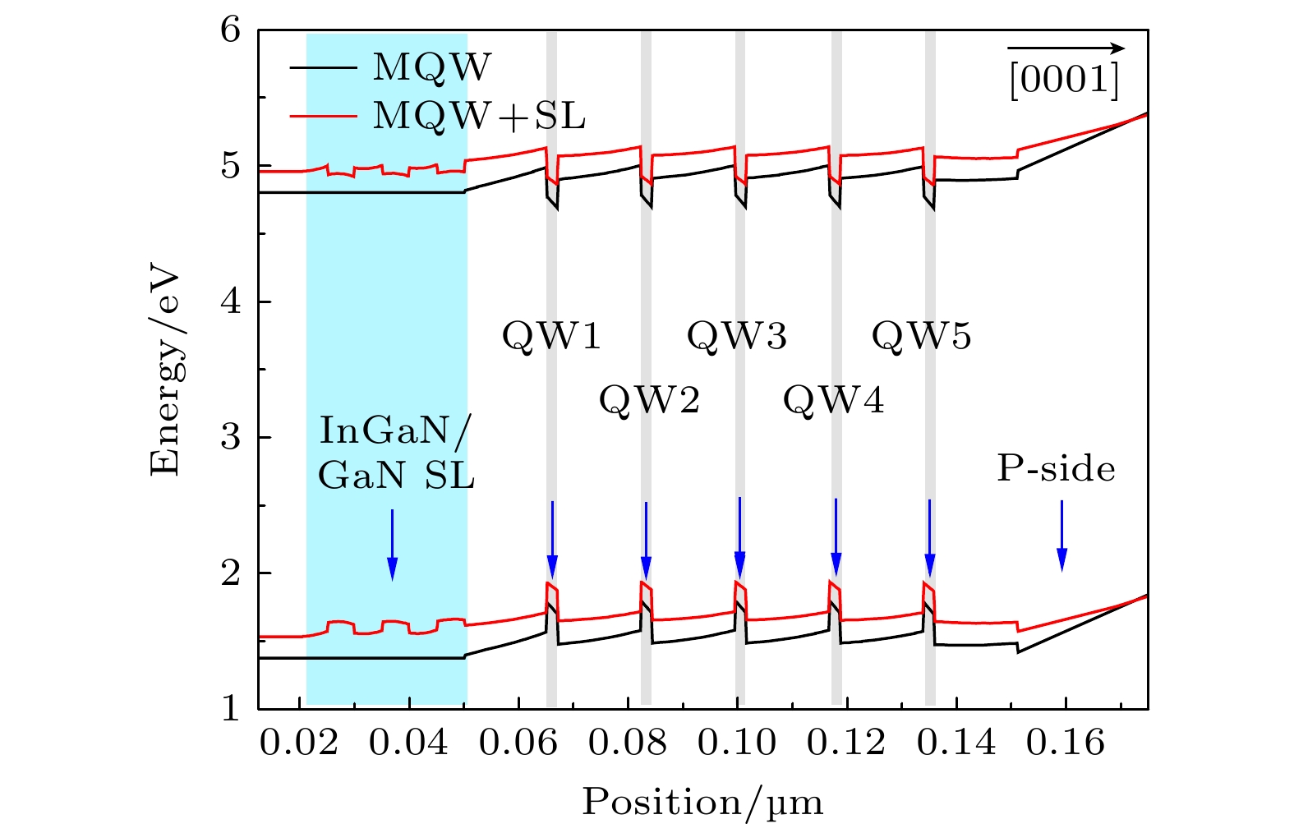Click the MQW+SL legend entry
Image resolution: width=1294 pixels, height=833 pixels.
click(x=479, y=116)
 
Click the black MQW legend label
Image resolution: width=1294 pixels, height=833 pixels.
click(x=431, y=67)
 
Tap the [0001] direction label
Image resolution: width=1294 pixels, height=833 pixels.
click(x=1064, y=81)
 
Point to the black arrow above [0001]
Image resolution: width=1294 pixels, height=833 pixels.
click(x=1066, y=48)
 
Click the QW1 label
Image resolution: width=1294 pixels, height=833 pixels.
click(x=551, y=336)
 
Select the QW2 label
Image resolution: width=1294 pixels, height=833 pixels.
click(x=648, y=400)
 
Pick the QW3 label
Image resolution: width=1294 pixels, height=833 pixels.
click(x=736, y=336)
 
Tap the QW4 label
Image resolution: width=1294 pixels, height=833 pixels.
click(x=833, y=400)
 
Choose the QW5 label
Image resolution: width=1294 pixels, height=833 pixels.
click(x=921, y=336)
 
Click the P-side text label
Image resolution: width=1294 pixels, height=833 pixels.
click(x=1056, y=468)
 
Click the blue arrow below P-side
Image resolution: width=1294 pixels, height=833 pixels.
click(x=1061, y=535)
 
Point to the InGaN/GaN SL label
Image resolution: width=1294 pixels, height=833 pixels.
click(x=396, y=452)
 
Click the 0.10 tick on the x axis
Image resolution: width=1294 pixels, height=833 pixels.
click(x=737, y=743)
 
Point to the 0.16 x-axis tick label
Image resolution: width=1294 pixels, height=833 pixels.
click(x=1066, y=743)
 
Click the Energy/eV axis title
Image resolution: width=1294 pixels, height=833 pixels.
click(x=166, y=369)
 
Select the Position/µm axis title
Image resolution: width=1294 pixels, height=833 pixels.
click(x=702, y=802)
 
